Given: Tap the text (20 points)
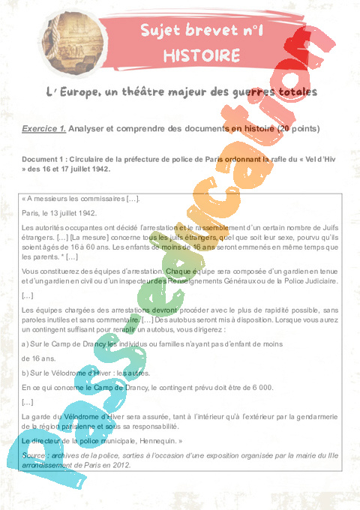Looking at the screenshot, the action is click(298, 129).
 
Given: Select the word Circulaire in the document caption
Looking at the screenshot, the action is click(102, 160).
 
